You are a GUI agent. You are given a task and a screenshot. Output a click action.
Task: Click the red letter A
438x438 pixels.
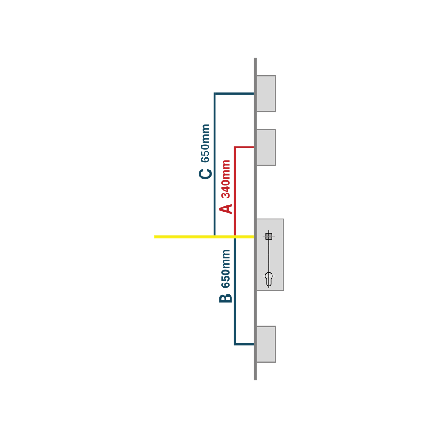tap(226, 209)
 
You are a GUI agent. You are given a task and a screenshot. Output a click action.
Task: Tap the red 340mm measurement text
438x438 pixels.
tap(226, 179)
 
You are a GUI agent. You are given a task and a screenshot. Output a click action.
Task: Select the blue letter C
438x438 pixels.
tap(205, 174)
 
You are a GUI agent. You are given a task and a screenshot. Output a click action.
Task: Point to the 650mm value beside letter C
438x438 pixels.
tap(205, 143)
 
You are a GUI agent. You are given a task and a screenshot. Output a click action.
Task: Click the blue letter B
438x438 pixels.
tap(226, 298)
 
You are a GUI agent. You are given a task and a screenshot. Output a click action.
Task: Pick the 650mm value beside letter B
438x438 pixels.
tap(226, 269)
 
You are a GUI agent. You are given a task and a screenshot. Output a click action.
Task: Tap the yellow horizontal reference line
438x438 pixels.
tap(204, 237)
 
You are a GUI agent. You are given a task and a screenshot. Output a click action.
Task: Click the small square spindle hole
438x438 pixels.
tap(269, 237)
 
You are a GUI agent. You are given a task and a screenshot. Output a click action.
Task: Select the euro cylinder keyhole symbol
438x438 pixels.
tap(269, 279)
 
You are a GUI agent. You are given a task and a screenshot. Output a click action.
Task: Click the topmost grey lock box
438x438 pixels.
tap(266, 94)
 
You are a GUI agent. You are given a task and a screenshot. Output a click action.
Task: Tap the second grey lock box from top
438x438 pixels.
tap(266, 147)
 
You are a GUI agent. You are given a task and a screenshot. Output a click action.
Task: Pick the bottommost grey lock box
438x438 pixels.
tap(266, 344)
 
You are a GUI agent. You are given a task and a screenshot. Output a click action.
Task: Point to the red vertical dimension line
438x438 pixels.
tap(235, 191)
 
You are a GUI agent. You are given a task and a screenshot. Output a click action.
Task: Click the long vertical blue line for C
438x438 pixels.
tap(215, 164)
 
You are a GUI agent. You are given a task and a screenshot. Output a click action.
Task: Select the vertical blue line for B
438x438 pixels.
tap(235, 291)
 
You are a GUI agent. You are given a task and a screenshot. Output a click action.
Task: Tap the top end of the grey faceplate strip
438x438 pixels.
tap(255, 58)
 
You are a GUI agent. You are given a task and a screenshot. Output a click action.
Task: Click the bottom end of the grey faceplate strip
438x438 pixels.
tap(255, 380)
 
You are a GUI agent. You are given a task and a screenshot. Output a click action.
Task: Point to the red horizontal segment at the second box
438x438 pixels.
tap(244, 147)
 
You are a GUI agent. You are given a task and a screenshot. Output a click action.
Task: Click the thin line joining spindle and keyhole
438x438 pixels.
tap(269, 256)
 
